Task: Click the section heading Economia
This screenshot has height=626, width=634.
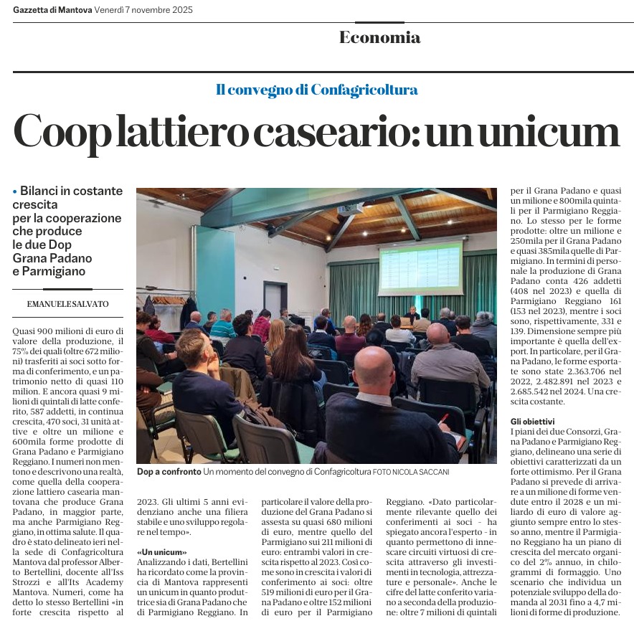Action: tap(379, 38)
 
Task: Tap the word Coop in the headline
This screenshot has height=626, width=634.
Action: tap(62, 133)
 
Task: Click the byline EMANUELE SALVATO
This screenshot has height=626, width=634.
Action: tap(68, 304)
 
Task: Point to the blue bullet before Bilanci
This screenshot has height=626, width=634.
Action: tap(15, 191)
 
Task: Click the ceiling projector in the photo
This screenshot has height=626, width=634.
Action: tap(349, 209)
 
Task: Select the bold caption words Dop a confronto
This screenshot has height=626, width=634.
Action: tap(169, 473)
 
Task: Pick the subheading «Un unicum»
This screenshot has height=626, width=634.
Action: tap(161, 552)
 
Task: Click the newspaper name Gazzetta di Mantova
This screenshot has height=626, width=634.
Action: tap(52, 10)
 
